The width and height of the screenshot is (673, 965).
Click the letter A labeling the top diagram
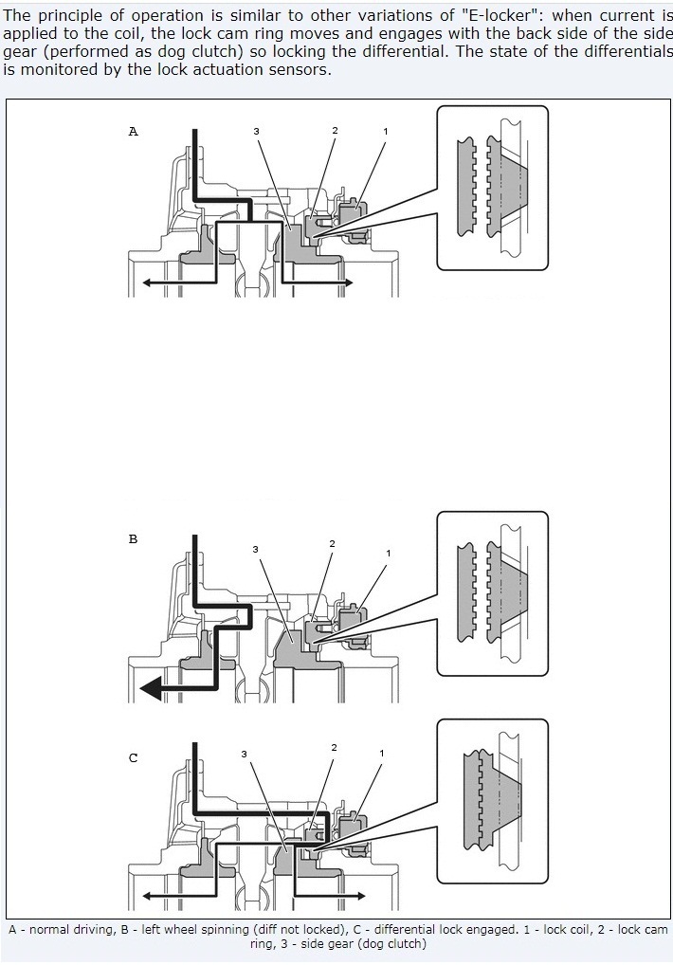(133, 131)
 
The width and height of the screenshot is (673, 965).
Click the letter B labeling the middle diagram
(133, 539)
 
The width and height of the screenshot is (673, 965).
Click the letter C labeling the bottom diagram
(133, 758)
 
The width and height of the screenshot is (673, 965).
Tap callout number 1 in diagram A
(386, 131)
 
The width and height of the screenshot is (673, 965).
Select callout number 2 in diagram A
(335, 131)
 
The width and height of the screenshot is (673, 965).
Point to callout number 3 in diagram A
(256, 131)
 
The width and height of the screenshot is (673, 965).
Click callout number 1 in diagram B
(389, 554)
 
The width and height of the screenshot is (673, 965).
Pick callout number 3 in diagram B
(255, 549)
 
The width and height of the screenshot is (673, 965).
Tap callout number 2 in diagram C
(334, 748)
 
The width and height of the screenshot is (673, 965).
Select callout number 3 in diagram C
(245, 754)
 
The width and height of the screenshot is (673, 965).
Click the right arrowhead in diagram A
(348, 282)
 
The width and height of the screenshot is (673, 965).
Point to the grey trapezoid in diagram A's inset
(512, 185)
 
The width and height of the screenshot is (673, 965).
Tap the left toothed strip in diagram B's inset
(466, 593)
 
